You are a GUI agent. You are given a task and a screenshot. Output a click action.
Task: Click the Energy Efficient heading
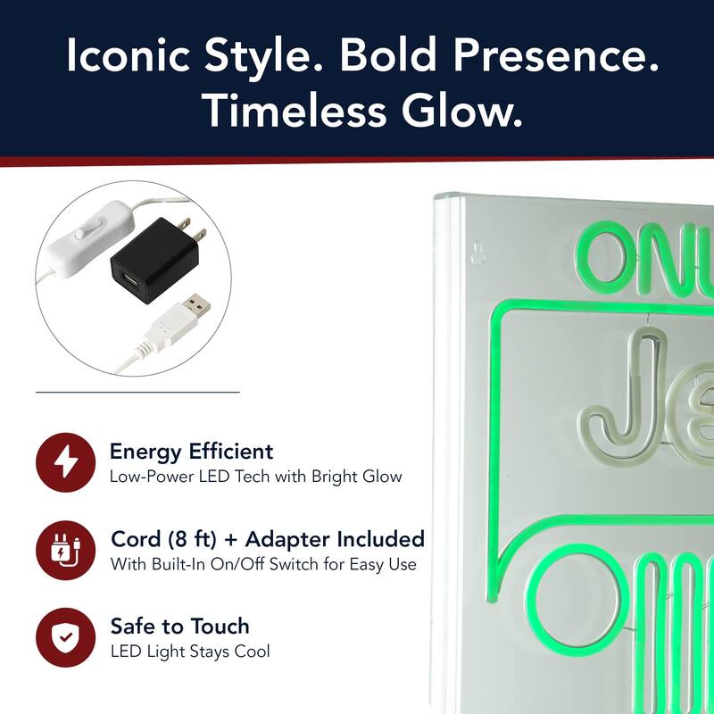tap(191, 452)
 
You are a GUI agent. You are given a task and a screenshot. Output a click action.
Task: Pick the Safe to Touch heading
tap(179, 626)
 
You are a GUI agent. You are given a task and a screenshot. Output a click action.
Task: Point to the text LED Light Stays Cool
tap(189, 652)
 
